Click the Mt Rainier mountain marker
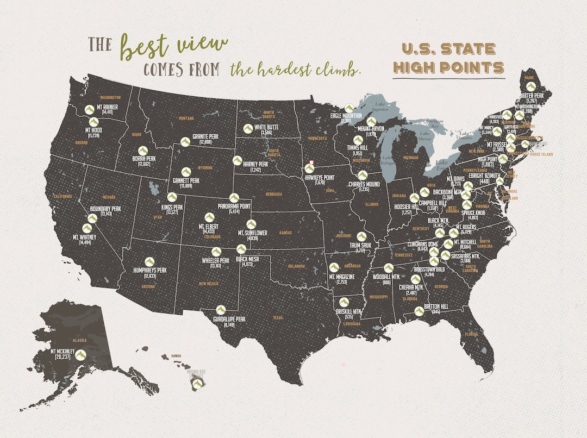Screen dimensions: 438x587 [89, 110]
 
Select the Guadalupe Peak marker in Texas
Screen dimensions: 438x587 [221, 309]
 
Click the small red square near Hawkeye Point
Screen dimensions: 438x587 [312, 162]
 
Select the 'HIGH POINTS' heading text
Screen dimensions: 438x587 [449, 68]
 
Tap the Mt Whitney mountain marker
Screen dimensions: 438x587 [87, 228]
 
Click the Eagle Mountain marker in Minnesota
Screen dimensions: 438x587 [349, 108]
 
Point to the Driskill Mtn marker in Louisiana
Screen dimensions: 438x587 [344, 302]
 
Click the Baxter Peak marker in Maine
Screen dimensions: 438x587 [530, 86]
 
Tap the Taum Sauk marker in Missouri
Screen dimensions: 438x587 [361, 236]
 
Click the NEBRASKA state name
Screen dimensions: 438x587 [273, 194]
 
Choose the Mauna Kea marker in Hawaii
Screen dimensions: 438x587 [197, 383]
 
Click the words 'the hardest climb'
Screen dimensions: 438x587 [295, 70]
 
